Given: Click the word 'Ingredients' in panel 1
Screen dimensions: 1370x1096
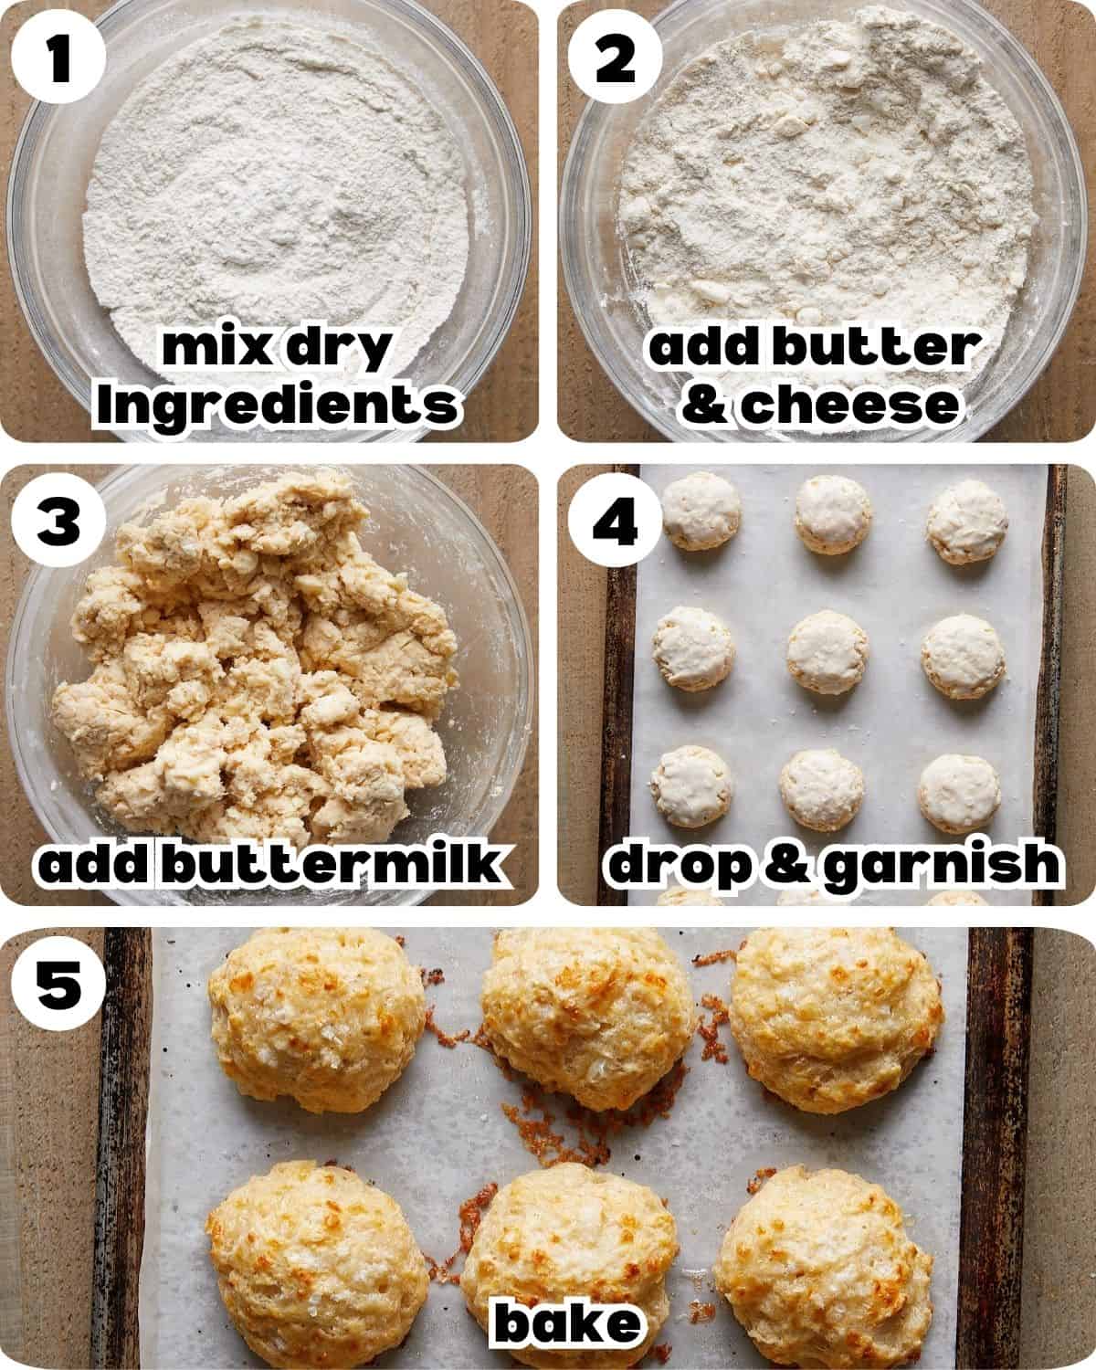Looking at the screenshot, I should (277, 405).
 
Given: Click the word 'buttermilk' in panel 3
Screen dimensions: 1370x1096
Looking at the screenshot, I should (332, 862).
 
